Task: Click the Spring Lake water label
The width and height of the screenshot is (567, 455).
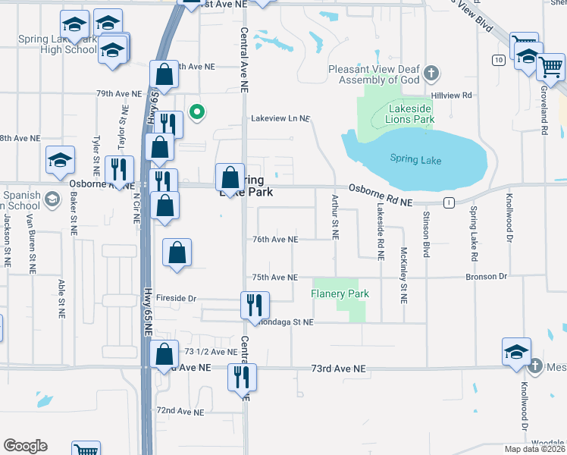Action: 415,159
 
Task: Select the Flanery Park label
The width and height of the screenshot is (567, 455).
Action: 340,293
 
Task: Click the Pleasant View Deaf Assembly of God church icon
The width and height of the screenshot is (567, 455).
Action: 431,74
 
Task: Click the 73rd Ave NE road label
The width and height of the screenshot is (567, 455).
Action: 338,369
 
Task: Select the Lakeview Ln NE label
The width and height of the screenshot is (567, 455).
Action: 280,118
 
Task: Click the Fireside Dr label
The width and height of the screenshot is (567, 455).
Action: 176,299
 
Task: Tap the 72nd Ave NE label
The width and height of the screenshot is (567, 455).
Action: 180,412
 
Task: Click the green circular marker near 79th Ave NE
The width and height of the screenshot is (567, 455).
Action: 197,113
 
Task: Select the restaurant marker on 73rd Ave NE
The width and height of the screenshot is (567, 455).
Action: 243,376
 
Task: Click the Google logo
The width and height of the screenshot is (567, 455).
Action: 25,446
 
